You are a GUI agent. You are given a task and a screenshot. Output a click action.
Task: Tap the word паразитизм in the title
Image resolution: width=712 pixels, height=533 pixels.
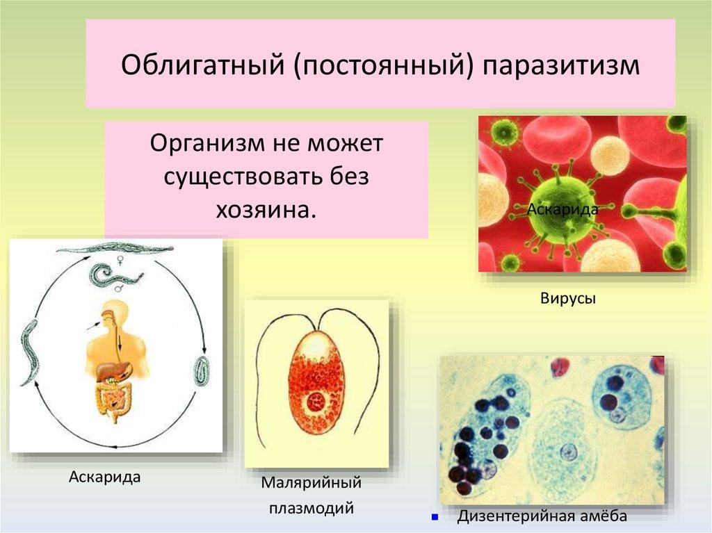point(561,65)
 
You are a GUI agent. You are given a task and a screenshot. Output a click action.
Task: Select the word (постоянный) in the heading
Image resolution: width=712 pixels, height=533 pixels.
point(384,65)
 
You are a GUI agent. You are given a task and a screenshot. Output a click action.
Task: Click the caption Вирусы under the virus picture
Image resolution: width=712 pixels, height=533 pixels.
point(567,299)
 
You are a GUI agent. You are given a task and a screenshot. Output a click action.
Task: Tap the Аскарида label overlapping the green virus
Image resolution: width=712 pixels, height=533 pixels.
point(563,210)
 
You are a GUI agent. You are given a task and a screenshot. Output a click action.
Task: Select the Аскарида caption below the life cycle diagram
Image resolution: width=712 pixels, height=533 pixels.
point(105,477)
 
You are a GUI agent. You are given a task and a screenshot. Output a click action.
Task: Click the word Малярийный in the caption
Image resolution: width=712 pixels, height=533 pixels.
point(311,482)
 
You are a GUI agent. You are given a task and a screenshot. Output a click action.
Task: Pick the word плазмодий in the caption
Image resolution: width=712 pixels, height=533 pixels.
point(311,507)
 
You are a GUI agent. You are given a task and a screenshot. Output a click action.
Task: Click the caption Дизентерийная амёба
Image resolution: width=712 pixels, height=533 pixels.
point(542,516)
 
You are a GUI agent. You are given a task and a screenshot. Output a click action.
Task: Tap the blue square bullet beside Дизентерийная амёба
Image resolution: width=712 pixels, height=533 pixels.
point(435,516)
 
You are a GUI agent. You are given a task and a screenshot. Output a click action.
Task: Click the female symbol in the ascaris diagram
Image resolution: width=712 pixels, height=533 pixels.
point(120,261)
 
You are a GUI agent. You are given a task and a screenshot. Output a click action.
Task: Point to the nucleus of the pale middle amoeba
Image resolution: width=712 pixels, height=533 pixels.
point(567,452)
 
